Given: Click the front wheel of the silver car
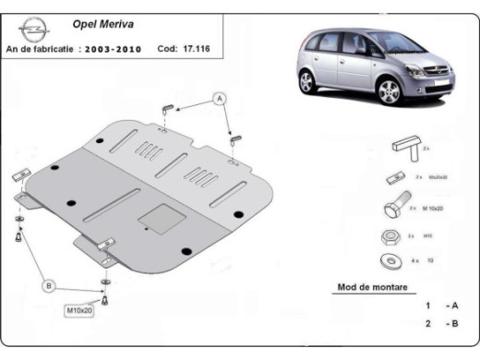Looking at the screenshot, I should pyautogui.click(x=389, y=92).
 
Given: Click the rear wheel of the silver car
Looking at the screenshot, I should pyautogui.click(x=310, y=83).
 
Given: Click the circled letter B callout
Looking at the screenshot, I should pyautogui.click(x=49, y=286).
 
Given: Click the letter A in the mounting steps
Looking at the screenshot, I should pyautogui.click(x=453, y=306).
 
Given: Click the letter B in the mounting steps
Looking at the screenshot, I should pyautogui.click(x=453, y=324).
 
